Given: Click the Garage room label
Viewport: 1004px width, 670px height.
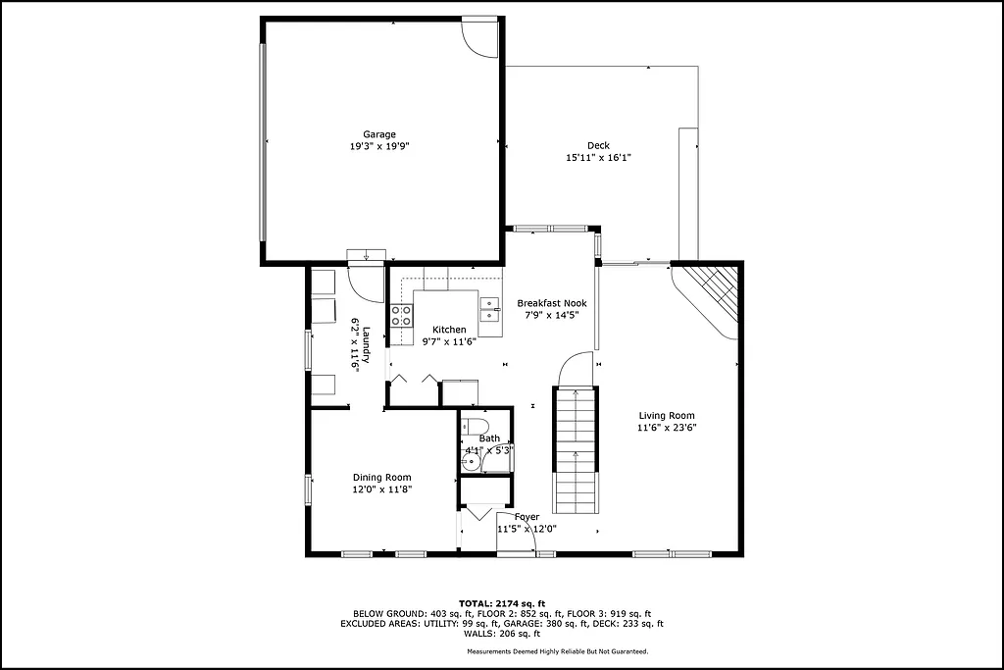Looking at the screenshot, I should pyautogui.click(x=379, y=134).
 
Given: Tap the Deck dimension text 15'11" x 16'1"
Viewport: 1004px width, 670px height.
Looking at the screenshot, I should pyautogui.click(x=598, y=158).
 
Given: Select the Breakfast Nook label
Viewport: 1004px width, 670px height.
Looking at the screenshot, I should pyautogui.click(x=552, y=303).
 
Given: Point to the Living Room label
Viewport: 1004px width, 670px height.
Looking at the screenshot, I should pyautogui.click(x=667, y=416).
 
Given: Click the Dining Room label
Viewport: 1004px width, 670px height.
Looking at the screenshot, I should pyautogui.click(x=381, y=478).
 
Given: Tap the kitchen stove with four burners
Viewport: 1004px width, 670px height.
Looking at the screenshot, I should pyautogui.click(x=401, y=316).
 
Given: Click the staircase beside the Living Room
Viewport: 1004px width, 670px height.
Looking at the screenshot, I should pyautogui.click(x=575, y=449).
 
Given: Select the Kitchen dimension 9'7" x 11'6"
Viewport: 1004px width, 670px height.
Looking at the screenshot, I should pyautogui.click(x=449, y=342).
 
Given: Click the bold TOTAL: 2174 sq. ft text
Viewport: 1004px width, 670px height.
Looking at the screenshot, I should pyautogui.click(x=502, y=602).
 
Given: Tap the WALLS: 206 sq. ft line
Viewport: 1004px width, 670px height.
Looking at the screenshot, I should pyautogui.click(x=502, y=634).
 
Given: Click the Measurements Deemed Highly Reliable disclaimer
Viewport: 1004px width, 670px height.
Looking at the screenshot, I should pyautogui.click(x=557, y=650).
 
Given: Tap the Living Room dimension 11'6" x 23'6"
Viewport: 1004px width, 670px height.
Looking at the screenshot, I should pyautogui.click(x=667, y=428).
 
